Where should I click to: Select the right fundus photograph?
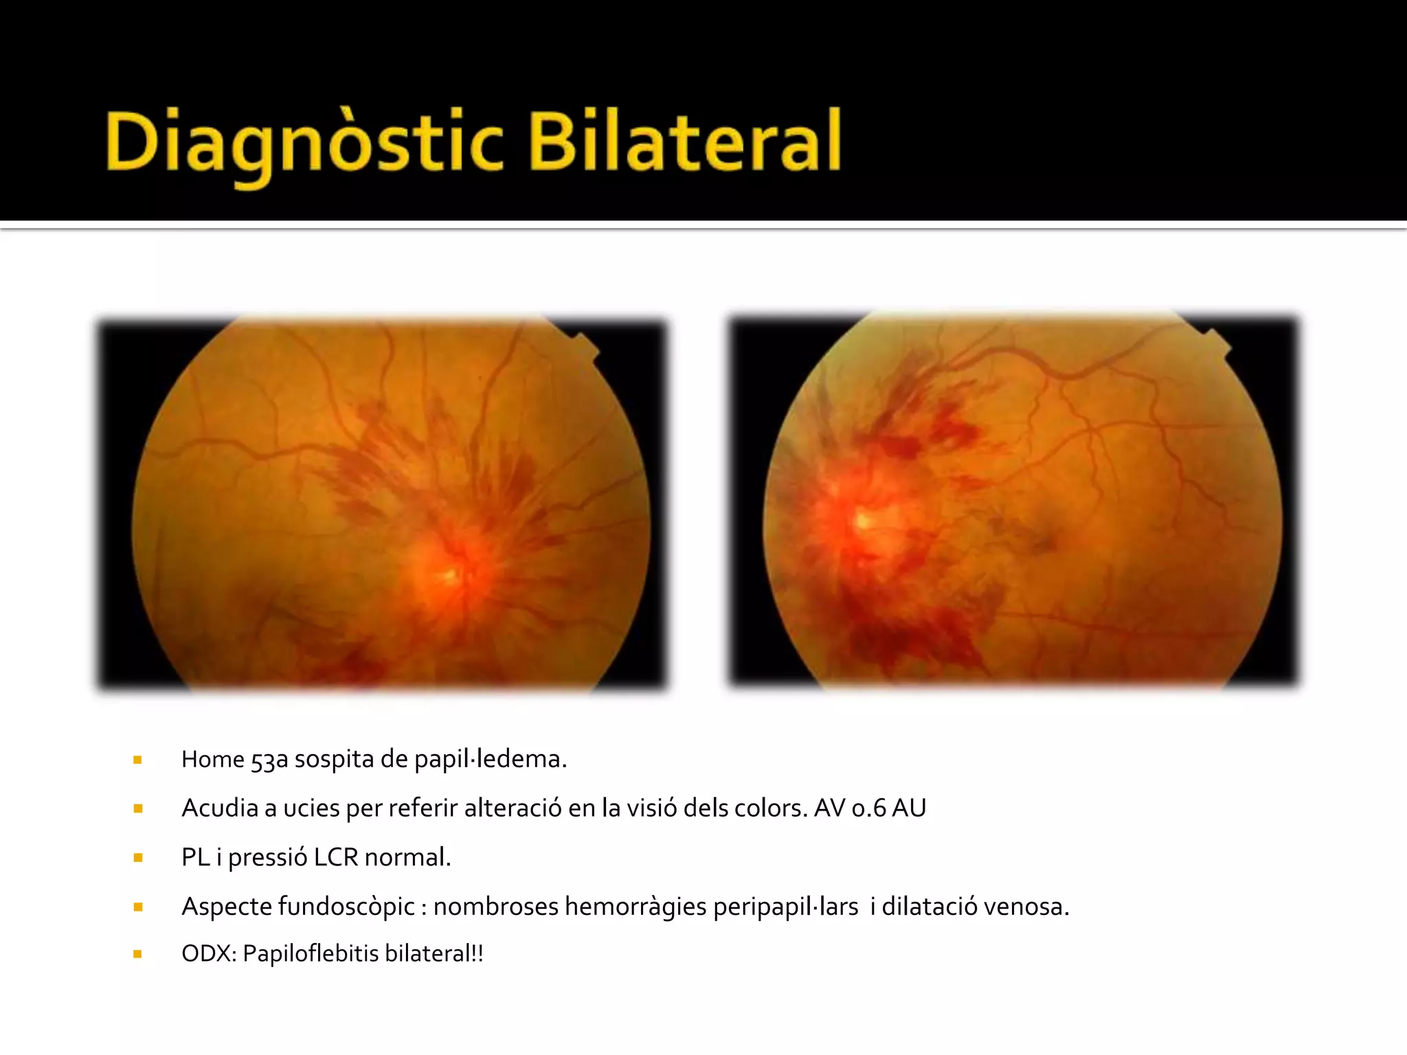click(x=1014, y=501)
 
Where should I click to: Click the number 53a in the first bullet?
click(x=269, y=760)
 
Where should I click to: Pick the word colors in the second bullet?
click(x=769, y=808)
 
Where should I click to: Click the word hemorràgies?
click(x=635, y=907)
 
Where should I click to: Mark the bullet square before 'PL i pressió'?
click(x=138, y=858)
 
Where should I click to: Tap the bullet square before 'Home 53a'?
click(x=138, y=760)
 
